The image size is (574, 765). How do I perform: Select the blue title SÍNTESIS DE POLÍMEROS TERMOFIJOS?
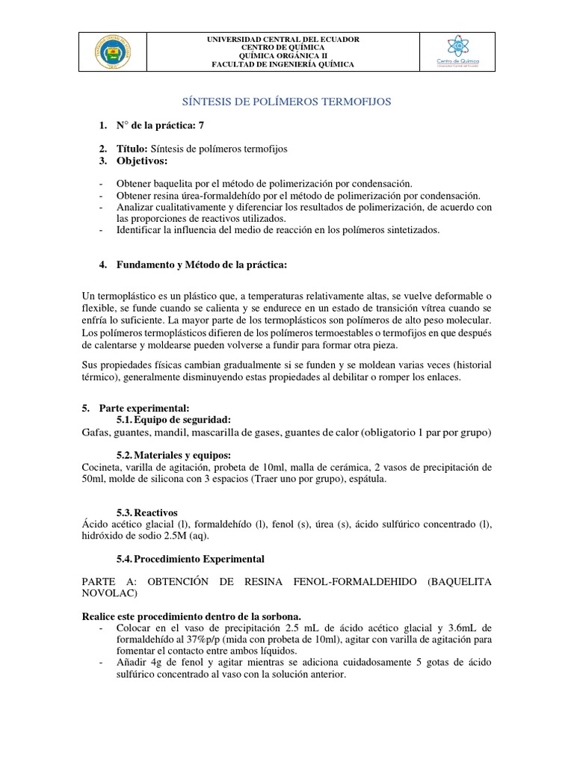pyautogui.click(x=287, y=100)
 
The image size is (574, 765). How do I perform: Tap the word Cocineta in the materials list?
pyautogui.click(x=103, y=467)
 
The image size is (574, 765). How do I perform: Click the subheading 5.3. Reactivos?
pyautogui.click(x=147, y=512)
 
